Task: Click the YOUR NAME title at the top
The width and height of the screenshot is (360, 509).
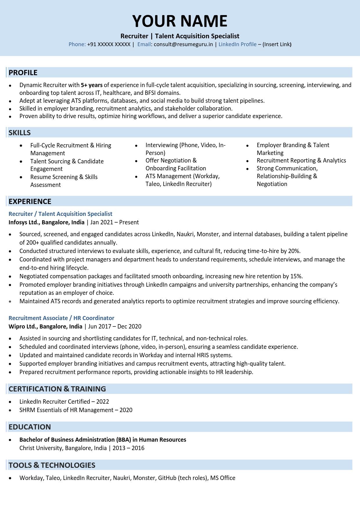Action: [x=180, y=21]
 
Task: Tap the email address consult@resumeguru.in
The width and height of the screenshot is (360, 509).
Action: [x=183, y=44]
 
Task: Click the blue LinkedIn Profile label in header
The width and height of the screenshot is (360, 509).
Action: [x=237, y=44]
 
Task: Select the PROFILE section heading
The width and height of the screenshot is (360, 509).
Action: [x=23, y=73]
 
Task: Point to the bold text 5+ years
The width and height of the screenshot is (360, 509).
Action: [x=91, y=85]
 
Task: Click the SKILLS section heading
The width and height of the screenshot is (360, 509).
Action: [x=19, y=133]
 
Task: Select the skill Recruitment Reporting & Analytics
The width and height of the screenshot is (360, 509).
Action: [x=301, y=160]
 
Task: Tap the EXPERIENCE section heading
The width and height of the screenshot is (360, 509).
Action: [x=30, y=201]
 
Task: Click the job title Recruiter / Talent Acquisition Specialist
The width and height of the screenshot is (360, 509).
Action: [x=60, y=214]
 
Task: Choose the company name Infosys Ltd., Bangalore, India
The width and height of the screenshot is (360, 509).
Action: [x=46, y=222]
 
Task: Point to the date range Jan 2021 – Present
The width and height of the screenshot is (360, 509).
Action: [x=114, y=222]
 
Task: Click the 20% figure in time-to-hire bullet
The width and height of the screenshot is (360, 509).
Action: [x=294, y=251]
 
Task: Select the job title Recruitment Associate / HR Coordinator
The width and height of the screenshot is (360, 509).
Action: [x=61, y=318]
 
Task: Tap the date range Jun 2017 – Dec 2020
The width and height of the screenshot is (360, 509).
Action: [x=114, y=326]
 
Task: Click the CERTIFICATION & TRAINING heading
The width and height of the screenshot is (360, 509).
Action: [x=57, y=389]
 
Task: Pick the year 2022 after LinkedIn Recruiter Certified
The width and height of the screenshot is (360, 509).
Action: [x=102, y=402]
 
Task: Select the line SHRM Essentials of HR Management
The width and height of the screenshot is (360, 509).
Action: [x=66, y=410]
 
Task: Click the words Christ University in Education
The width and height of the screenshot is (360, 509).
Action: [x=40, y=448]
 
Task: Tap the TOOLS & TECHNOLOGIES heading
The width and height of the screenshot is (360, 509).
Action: [x=52, y=465]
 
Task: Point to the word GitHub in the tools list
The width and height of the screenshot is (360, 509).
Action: [x=167, y=478]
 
